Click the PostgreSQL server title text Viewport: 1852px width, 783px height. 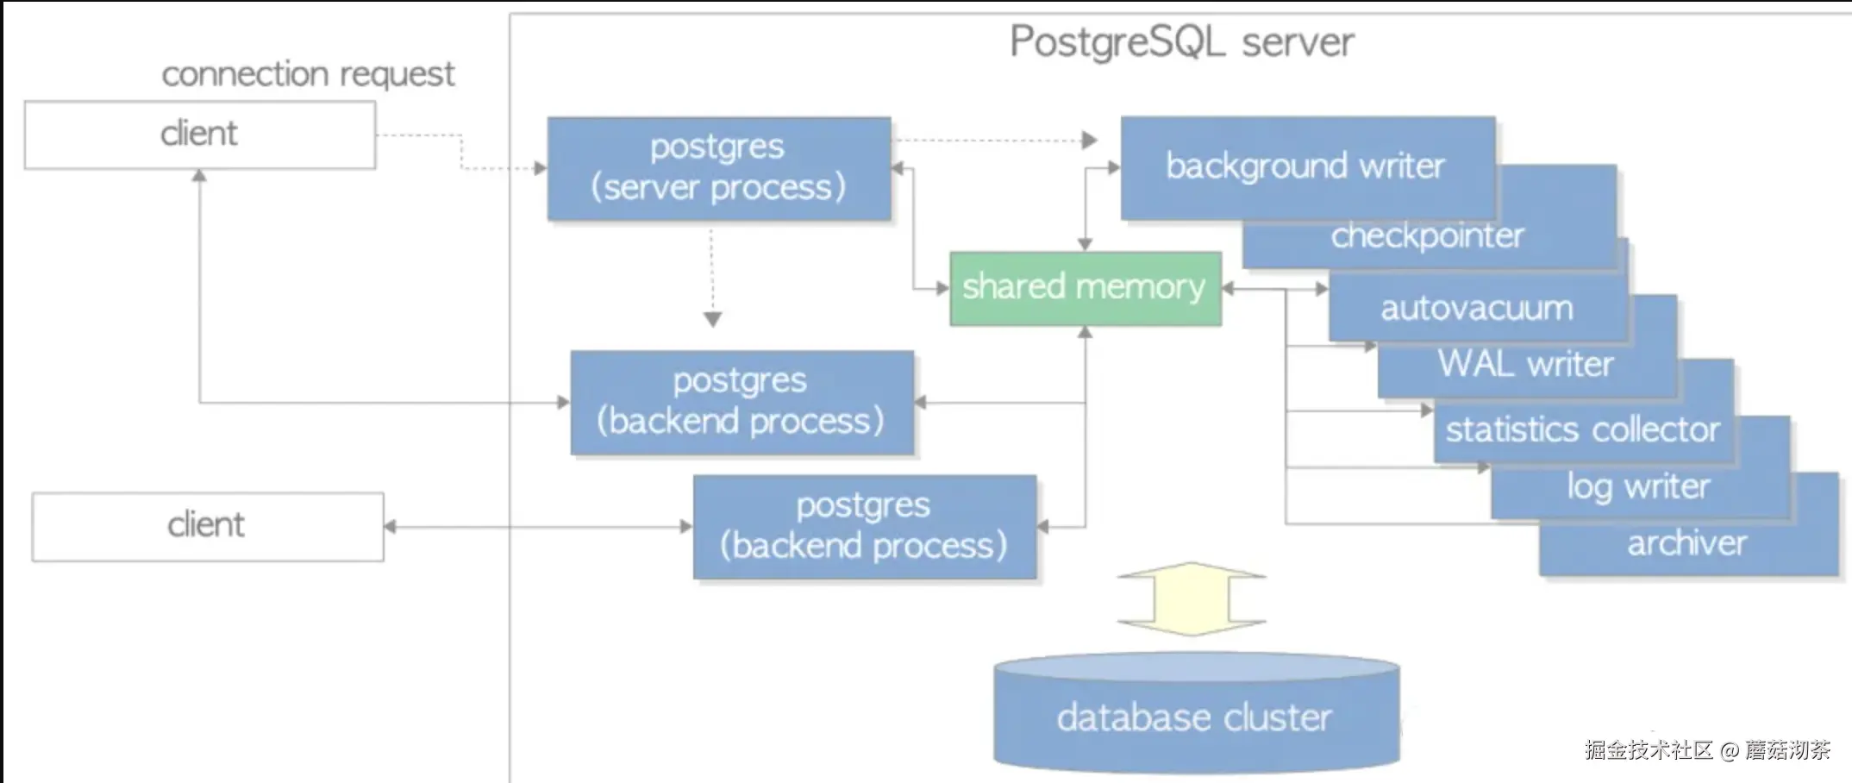click(x=1181, y=42)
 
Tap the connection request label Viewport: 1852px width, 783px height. click(x=308, y=74)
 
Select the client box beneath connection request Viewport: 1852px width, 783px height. click(x=200, y=135)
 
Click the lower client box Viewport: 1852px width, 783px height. click(x=208, y=526)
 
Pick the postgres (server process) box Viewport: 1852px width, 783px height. click(x=719, y=169)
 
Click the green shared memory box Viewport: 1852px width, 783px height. click(x=1086, y=288)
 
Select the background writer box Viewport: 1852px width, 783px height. click(x=1308, y=167)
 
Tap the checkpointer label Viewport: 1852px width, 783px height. click(x=1427, y=235)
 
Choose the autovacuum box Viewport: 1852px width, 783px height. click(x=1478, y=307)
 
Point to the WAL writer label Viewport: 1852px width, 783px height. click(x=1525, y=364)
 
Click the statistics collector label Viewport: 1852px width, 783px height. click(x=1582, y=429)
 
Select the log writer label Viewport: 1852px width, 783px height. click(x=1638, y=487)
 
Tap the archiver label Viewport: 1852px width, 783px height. click(x=1686, y=543)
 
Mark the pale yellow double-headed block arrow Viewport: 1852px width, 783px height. click(x=1192, y=598)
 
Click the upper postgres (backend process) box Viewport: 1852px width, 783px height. click(x=742, y=402)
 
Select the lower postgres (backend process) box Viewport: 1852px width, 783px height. click(x=865, y=526)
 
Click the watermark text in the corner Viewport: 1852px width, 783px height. click(x=1706, y=749)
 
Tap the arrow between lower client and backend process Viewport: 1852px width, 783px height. click(x=539, y=526)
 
